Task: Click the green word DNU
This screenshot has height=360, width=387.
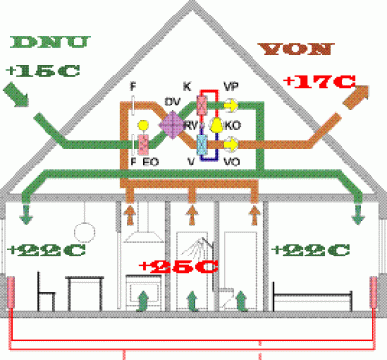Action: pos(49,43)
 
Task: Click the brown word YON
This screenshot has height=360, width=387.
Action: pos(295,48)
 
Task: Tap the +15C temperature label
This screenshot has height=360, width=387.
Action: pos(43,71)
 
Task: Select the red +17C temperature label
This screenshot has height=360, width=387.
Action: pos(320,81)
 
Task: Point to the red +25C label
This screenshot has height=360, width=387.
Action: pos(179,266)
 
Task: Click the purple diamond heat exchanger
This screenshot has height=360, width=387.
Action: pos(172,125)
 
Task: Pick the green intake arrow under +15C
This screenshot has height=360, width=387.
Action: pos(16,95)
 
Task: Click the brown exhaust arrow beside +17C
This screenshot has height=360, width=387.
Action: pos(356,98)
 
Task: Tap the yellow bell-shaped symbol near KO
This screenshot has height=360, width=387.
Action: pos(216,125)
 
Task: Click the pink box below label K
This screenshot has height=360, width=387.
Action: pos(202,105)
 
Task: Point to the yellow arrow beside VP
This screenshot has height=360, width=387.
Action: pos(231,105)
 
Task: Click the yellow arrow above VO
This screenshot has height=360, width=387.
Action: pos(231,144)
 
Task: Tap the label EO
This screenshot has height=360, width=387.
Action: pos(151,162)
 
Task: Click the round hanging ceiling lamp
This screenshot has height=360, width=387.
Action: pos(85,232)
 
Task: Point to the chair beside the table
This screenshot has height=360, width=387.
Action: pos(45,291)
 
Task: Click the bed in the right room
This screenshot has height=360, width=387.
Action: pos(313,297)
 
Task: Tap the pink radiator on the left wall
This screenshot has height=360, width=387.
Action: pos(11,292)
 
